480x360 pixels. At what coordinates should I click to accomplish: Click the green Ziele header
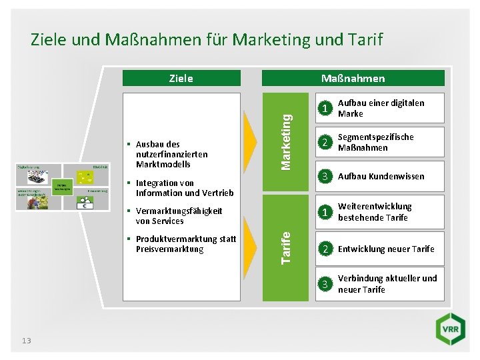click(x=181, y=78)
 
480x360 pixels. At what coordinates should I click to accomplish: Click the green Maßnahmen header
click(x=353, y=78)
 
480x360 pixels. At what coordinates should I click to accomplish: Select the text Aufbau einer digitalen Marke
click(x=381, y=108)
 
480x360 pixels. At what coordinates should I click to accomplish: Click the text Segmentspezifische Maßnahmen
click(x=375, y=142)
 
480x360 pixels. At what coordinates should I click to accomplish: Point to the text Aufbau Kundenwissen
click(x=381, y=177)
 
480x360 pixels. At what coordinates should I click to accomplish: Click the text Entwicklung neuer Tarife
click(x=386, y=249)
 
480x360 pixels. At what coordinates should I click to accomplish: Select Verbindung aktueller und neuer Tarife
click(x=387, y=283)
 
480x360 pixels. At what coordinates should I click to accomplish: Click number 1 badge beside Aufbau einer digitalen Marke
click(x=324, y=109)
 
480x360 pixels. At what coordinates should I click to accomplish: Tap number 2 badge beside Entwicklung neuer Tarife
click(x=324, y=249)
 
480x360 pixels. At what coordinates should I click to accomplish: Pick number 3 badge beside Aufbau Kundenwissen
click(x=324, y=177)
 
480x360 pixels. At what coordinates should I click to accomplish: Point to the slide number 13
click(x=26, y=341)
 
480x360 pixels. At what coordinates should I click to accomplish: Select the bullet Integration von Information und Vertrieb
click(x=184, y=188)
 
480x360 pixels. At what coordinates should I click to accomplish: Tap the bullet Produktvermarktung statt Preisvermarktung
click(x=185, y=244)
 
